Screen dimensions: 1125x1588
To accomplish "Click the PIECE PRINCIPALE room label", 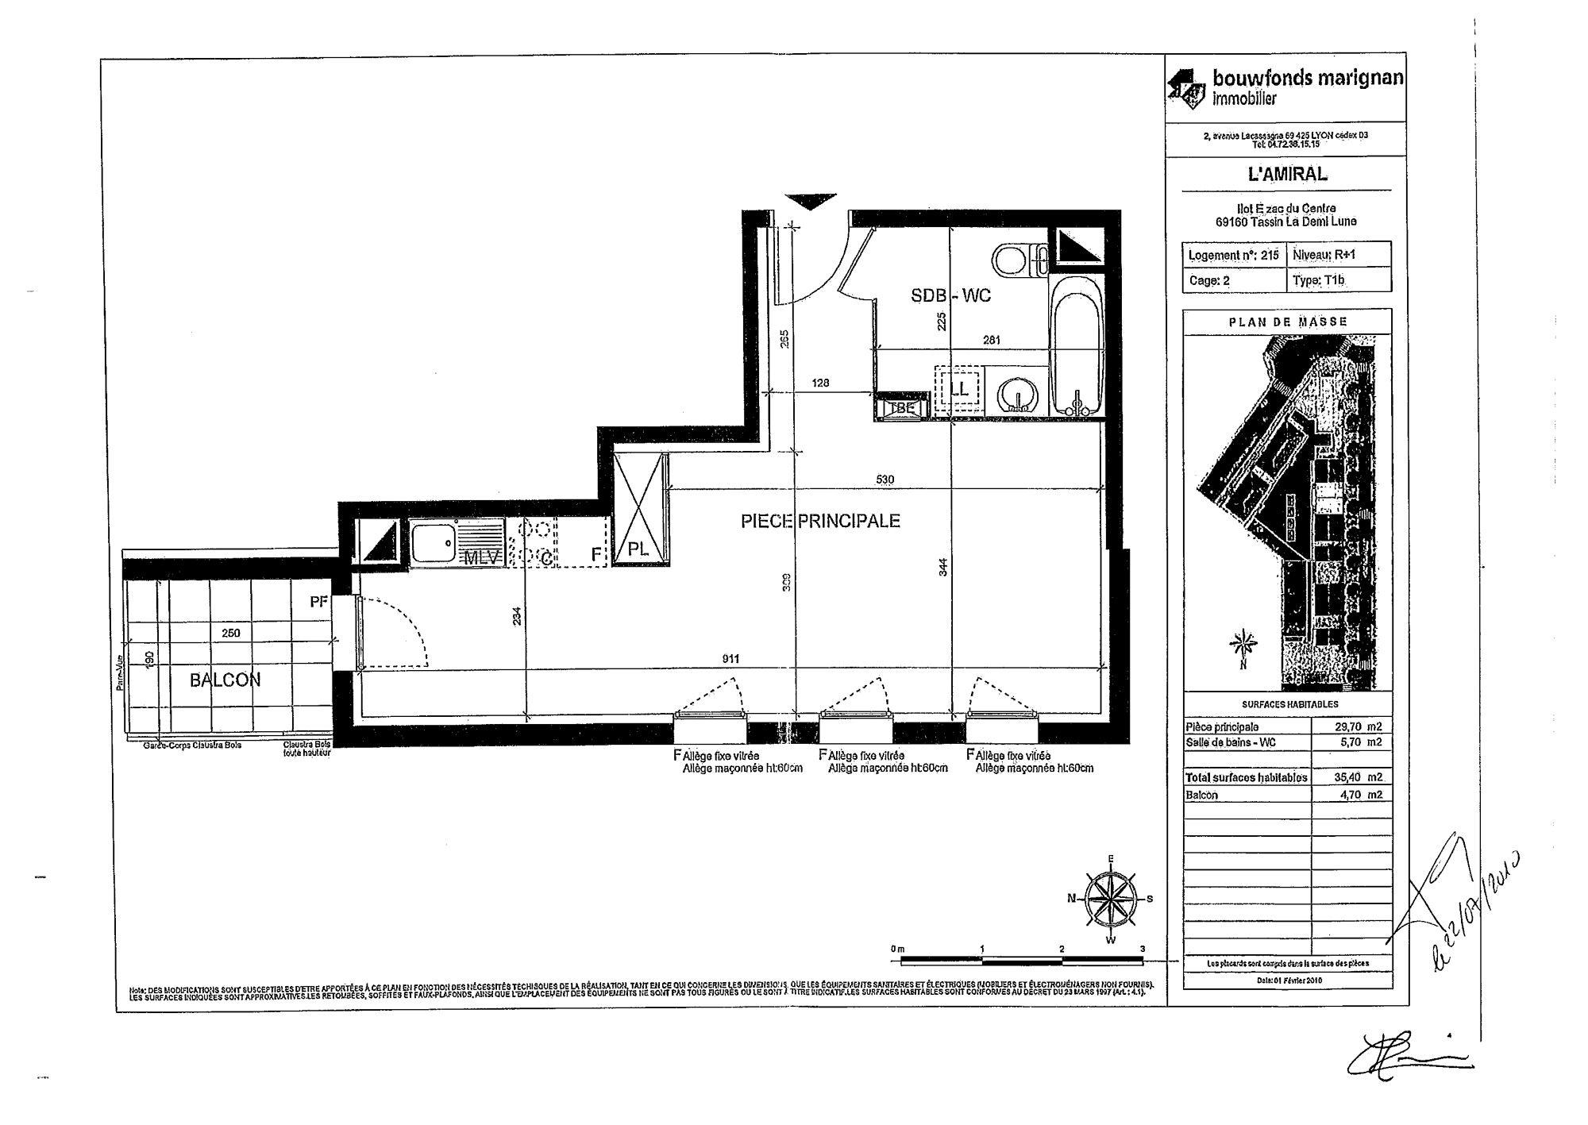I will point(820,522).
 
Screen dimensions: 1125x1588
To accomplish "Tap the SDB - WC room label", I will point(950,296).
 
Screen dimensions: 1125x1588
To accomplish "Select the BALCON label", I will point(225,680).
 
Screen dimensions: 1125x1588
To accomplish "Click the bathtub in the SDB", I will point(1077,349).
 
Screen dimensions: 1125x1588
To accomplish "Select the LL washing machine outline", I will point(958,390).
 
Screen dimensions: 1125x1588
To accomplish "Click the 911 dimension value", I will point(730,659).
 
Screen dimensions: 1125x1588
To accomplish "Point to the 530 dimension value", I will point(885,480).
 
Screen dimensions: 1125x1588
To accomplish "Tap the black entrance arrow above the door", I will point(810,202).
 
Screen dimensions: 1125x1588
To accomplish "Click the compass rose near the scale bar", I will point(1110,900).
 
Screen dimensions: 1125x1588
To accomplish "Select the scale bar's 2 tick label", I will point(1062,950).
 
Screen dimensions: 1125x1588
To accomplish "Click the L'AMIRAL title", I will point(1286,175).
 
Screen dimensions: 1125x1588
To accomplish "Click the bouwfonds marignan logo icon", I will point(1187,87).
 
